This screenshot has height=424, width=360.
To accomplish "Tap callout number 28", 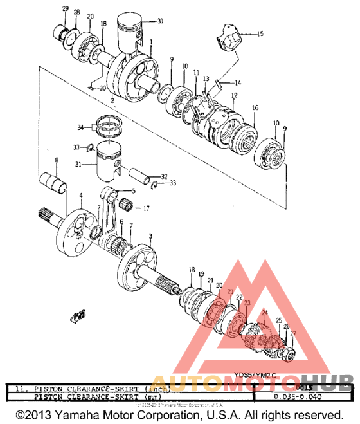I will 76,13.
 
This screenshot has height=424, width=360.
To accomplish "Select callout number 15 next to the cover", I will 260,33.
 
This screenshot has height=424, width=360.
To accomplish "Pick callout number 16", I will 255,107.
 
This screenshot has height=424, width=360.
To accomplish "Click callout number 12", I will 235,95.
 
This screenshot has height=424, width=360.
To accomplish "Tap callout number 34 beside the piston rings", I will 80,127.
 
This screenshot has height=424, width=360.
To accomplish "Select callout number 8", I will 57,160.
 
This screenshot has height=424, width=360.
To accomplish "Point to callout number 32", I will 164,176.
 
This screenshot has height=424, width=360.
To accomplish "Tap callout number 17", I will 147,208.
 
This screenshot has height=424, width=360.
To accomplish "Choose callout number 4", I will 80,195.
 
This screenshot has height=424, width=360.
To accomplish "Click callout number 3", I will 150,236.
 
